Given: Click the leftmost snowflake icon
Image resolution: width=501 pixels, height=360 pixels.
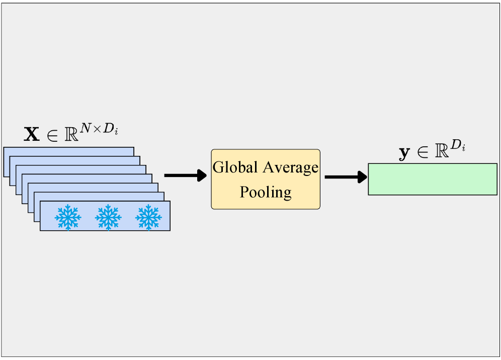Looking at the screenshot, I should pos(67,217).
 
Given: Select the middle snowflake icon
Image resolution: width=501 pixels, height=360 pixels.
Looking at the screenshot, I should pos(108,217).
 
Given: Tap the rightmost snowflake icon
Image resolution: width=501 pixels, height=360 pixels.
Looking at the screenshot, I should pos(148,217).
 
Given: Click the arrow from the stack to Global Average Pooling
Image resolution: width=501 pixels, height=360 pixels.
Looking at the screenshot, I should pos(185,175).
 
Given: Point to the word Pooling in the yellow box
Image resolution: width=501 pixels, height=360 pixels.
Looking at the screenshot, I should pos(265,192).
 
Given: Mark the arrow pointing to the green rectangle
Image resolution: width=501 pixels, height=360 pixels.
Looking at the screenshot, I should pos(346,176).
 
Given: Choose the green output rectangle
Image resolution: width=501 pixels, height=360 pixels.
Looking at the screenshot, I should pos(432,179).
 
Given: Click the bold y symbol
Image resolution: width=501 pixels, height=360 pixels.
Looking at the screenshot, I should pos(404,153).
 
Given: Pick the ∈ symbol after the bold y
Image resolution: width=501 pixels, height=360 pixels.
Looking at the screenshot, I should pos(422,152).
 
